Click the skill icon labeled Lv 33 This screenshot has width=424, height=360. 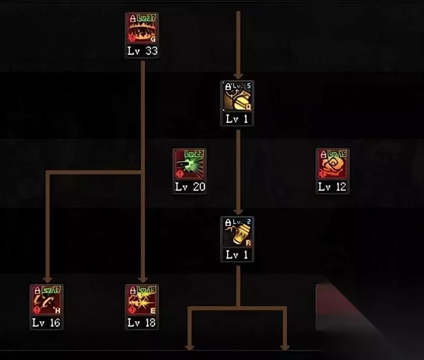142,29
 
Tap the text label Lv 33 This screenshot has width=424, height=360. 142,51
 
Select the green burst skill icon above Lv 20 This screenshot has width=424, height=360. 189,165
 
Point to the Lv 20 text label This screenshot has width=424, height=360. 190,187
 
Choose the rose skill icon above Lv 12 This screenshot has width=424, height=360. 332,165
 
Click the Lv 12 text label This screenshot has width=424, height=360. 332,187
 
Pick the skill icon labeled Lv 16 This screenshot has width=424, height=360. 47,301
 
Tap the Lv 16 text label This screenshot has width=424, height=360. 47,322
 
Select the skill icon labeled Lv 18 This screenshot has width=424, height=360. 142,301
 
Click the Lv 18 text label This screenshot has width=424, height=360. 142,322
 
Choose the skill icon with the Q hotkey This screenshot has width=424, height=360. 237,97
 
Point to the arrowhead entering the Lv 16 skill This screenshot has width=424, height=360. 47,279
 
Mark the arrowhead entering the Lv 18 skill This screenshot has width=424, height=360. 143,279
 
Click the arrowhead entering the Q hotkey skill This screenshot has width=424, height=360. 237,76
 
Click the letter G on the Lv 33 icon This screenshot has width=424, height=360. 153,39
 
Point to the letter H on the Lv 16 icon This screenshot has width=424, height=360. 58,310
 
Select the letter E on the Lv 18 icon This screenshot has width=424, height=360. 153,310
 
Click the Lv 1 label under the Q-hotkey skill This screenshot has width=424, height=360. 237,119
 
